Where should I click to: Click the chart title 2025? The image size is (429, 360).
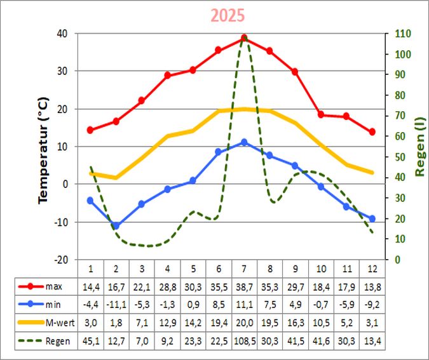[227, 16]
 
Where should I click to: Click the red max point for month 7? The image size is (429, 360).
[244, 38]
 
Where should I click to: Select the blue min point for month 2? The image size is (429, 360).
[116, 225]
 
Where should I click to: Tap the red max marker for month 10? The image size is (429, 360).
[321, 114]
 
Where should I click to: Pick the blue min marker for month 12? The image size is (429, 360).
[372, 218]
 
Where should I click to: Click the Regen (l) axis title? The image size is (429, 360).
[419, 146]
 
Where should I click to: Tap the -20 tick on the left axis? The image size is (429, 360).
[62, 260]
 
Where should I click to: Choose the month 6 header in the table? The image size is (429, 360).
[219, 267]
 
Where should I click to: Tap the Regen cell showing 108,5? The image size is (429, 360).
[244, 341]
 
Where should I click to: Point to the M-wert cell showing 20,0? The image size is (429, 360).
[244, 323]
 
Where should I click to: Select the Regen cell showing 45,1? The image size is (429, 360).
[90, 341]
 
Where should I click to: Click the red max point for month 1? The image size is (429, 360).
[90, 130]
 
